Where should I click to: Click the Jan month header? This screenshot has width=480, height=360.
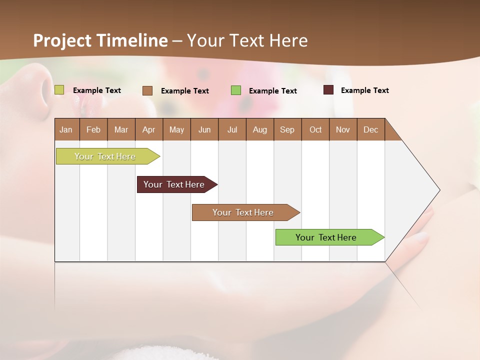tap(66, 129)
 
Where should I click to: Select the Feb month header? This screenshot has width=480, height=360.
tap(93, 129)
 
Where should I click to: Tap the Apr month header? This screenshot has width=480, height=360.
tap(148, 129)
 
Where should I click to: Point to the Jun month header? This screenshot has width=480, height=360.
tap(204, 129)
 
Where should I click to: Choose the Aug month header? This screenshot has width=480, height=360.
tap(259, 129)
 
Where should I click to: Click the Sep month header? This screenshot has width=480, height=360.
tap(287, 129)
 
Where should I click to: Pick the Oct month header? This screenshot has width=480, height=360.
tap(315, 129)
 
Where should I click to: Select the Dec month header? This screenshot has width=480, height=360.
tap(370, 129)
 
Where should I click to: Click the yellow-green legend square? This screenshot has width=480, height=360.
tap(59, 90)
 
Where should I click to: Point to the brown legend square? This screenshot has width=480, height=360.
tap(147, 90)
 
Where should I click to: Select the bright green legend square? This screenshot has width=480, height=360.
tap(236, 90)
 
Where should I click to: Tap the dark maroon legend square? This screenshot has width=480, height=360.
tap(328, 90)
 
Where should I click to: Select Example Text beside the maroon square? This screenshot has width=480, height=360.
tap(364, 90)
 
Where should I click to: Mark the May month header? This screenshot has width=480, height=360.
tap(176, 129)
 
